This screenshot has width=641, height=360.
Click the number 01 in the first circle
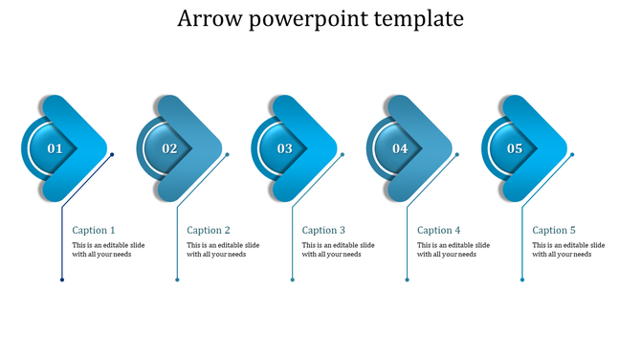[x=55, y=148]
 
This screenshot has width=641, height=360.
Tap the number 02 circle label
[x=169, y=148]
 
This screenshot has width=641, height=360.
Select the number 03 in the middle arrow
[x=285, y=148]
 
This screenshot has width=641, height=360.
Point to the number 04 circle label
[x=400, y=148]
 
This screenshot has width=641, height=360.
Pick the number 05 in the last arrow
[x=515, y=148]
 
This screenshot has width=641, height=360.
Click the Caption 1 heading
[x=94, y=230]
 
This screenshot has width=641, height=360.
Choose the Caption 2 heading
[x=209, y=230]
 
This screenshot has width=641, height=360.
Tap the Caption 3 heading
[x=323, y=230]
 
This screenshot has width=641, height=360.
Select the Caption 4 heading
[x=439, y=230]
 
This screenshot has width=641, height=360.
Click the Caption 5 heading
[x=554, y=230]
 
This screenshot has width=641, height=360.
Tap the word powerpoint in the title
[x=308, y=20]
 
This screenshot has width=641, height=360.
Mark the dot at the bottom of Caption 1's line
[x=62, y=280]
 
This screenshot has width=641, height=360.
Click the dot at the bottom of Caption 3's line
[x=293, y=280]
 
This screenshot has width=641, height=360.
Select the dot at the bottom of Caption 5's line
[x=522, y=280]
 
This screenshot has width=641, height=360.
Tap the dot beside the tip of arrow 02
[x=228, y=154]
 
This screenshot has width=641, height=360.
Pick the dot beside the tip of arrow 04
[x=457, y=154]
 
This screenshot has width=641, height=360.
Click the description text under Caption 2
[x=223, y=250]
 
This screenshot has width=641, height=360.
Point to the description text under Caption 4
[x=453, y=250]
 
